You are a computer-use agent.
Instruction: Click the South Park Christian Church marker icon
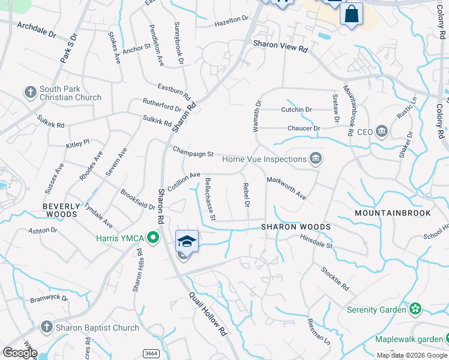tap(31, 92)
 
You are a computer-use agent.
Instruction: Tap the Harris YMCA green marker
tap(153, 238)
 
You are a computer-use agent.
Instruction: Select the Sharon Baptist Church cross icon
tap(47, 328)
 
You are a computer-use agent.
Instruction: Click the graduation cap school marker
tap(187, 242)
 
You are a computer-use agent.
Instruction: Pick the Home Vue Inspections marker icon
tap(315, 159)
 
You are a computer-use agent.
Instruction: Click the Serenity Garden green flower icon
tap(415, 310)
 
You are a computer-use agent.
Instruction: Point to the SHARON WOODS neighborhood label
tap(295, 227)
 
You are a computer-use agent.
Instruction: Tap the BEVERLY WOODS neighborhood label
tap(60, 210)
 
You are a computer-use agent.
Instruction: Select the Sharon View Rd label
tap(280, 44)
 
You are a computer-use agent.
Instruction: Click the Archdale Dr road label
tap(36, 28)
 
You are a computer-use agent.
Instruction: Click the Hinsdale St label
tap(316, 241)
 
